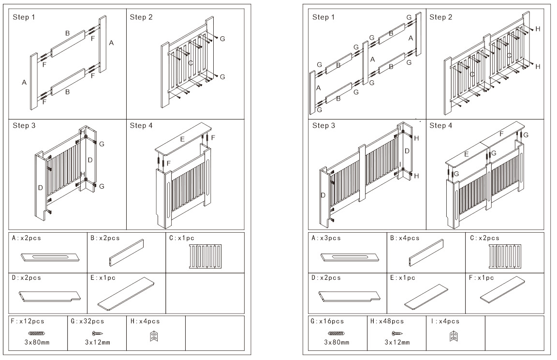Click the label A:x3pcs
pyautogui.click(x=326, y=238)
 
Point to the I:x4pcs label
pyautogui.click(x=445, y=321)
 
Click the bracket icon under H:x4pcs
pyautogui.click(x=154, y=335)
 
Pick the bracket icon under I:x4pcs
pyautogui.click(x=454, y=335)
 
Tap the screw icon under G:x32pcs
pyautogui.click(x=97, y=333)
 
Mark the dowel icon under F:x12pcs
pyautogui.click(x=37, y=333)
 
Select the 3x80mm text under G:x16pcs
pyautogui.click(x=337, y=343)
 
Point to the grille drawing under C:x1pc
pyautogui.click(x=205, y=256)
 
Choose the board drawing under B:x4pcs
pyautogui.click(x=426, y=253)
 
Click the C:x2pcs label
pyautogui.click(x=485, y=238)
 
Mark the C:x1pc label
pyautogui.click(x=182, y=238)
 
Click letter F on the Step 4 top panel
pyautogui.click(x=501, y=133)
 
